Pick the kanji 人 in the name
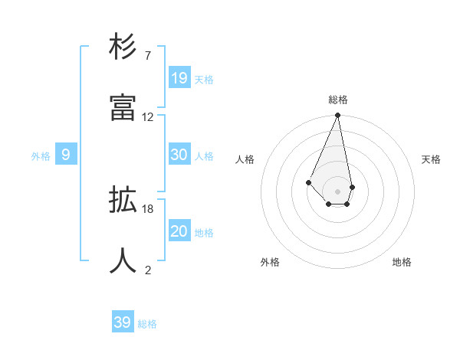click(x=123, y=261)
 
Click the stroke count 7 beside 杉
click(x=148, y=56)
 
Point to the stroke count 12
click(x=148, y=116)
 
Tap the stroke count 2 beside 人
click(x=148, y=270)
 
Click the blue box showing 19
click(x=179, y=77)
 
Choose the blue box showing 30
click(x=179, y=155)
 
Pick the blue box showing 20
click(x=179, y=231)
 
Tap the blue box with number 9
click(x=66, y=155)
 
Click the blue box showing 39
click(x=123, y=322)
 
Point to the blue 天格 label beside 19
click(x=204, y=79)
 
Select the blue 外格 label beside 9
click(x=41, y=156)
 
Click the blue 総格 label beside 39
click(x=147, y=324)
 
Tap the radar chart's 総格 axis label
click(x=337, y=100)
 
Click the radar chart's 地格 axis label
click(x=402, y=262)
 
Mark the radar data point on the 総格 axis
click(x=337, y=116)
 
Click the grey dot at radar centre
click(x=337, y=191)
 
